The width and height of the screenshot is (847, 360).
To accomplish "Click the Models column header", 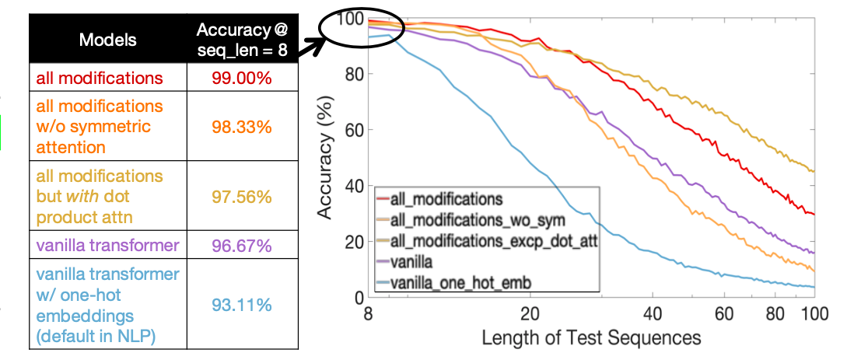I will pyautogui.click(x=107, y=39).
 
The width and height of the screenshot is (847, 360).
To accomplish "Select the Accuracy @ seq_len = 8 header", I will pyautogui.click(x=242, y=38).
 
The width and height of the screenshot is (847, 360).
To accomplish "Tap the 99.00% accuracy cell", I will pyautogui.click(x=241, y=79).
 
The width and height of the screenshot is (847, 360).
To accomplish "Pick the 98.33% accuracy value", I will pyautogui.click(x=241, y=126).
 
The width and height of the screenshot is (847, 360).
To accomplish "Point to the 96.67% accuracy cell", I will pyautogui.click(x=241, y=246).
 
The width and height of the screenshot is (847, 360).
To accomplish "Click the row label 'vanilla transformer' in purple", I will pyautogui.click(x=107, y=246).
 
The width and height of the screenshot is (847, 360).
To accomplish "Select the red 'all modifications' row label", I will pyautogui.click(x=98, y=79).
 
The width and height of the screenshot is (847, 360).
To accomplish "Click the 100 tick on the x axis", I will pyautogui.click(x=813, y=314).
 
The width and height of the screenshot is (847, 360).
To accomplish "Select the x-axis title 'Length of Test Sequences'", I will pyautogui.click(x=591, y=338).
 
